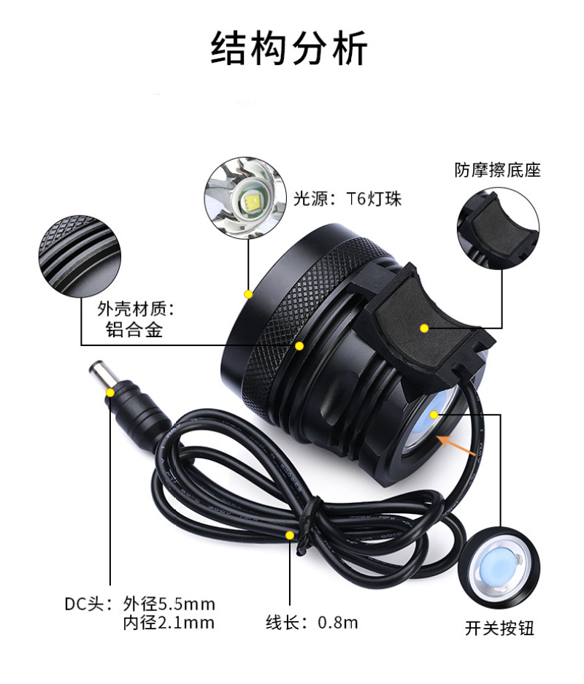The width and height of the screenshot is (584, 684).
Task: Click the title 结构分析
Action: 290,48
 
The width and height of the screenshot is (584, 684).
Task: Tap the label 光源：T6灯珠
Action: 347,199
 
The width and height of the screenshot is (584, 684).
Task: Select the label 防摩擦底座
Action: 497,170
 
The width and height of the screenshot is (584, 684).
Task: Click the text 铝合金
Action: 134,329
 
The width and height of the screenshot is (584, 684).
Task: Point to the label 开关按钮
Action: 499,629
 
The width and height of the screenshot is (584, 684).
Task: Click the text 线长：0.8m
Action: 312,622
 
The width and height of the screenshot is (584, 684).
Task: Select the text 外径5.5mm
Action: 169,604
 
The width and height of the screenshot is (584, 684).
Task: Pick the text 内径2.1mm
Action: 169,623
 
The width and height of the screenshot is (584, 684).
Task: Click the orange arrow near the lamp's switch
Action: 456,445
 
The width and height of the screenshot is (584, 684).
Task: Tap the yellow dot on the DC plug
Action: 110,393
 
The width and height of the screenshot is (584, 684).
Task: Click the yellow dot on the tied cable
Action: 290,535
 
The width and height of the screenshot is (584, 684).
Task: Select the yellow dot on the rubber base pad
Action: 424,328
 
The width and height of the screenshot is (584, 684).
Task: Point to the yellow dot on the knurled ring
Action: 299,346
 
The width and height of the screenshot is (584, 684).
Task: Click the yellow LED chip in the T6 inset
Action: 252,201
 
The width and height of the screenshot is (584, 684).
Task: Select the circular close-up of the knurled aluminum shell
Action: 80,255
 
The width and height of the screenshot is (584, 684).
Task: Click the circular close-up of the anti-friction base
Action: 498,228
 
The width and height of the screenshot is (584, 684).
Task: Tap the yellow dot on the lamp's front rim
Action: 248,294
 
